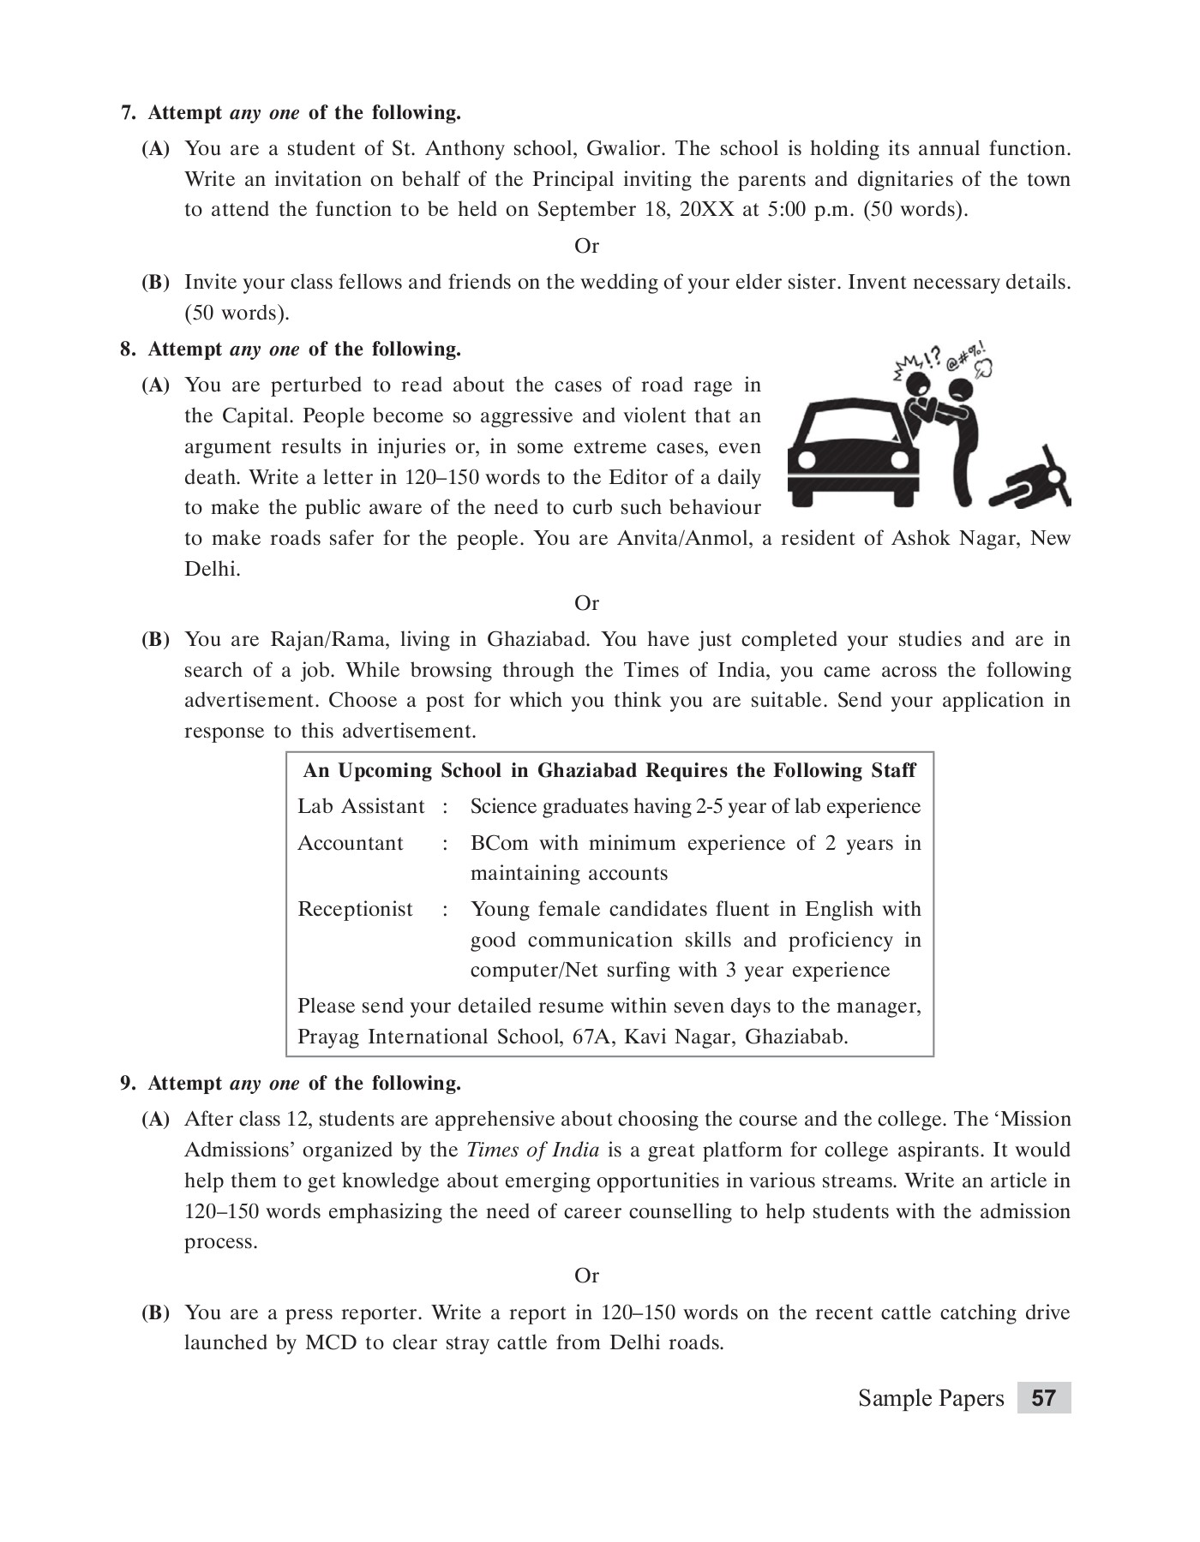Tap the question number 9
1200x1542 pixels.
pos(128,1084)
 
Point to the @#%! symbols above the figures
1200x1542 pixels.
pos(966,354)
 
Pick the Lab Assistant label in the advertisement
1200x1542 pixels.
pos(361,807)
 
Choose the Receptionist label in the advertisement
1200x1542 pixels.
pos(355,910)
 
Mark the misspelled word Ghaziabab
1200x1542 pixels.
pos(796,1037)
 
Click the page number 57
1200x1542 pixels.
pos(1043,1399)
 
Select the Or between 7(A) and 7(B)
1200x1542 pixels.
pos(586,247)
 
